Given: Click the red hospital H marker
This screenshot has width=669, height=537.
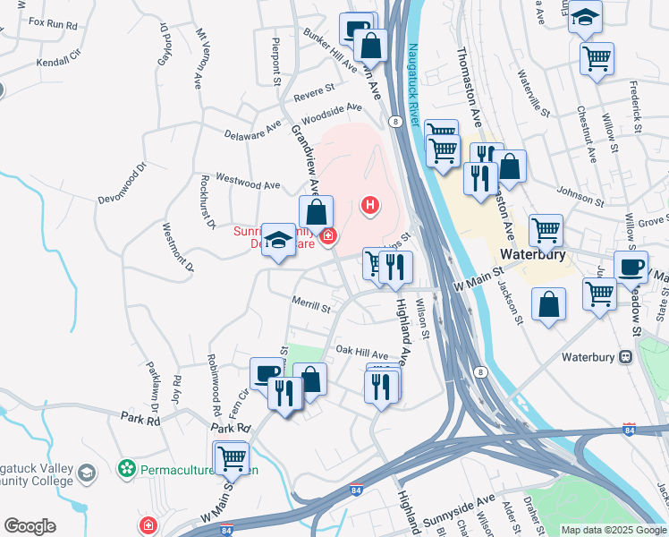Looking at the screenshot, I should (x=369, y=207).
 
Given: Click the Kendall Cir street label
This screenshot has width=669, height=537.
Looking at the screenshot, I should (x=58, y=63).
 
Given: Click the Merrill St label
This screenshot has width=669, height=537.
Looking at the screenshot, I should (x=310, y=304).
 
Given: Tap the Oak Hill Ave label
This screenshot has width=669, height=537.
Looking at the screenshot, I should (x=361, y=354).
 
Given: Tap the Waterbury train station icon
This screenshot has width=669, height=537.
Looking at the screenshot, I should (x=625, y=356).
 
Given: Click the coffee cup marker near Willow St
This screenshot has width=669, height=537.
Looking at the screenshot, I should (x=631, y=267).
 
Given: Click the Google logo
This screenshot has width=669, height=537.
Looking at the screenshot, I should (x=30, y=526).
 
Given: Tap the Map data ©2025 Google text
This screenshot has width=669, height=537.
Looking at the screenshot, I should (x=614, y=530).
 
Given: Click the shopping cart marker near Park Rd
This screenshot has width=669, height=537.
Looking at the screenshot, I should (x=233, y=457).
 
